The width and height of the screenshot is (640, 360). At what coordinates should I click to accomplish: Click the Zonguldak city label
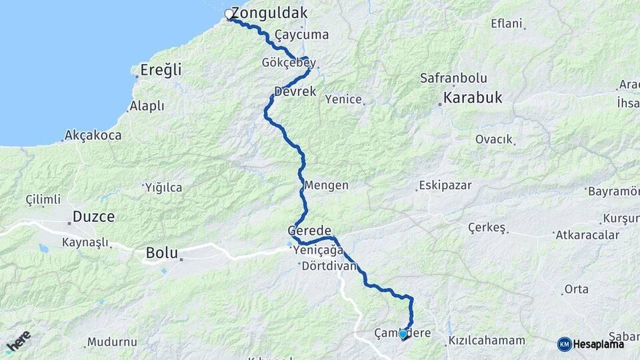click(x=269, y=13)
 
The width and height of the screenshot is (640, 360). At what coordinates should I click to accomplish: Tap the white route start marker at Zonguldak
click(x=229, y=14)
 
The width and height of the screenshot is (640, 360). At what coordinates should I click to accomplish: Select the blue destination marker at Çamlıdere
click(x=403, y=334)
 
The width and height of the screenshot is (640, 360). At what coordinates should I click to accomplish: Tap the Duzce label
click(x=93, y=216)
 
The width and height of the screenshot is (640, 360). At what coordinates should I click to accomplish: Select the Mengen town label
click(x=326, y=185)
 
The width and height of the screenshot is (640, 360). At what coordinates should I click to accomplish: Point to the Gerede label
click(x=309, y=230)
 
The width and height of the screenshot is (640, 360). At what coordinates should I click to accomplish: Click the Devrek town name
click(x=295, y=91)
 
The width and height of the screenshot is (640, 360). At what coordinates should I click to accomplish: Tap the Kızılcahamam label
click(x=487, y=340)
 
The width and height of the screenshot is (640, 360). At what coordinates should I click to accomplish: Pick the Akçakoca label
click(x=93, y=135)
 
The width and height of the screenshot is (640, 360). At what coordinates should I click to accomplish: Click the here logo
click(x=18, y=341)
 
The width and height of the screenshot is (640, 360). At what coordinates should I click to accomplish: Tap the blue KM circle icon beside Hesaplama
click(x=564, y=344)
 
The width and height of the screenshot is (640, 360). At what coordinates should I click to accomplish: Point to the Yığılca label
click(x=163, y=187)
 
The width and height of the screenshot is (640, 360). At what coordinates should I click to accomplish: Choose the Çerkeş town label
click(x=486, y=227)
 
